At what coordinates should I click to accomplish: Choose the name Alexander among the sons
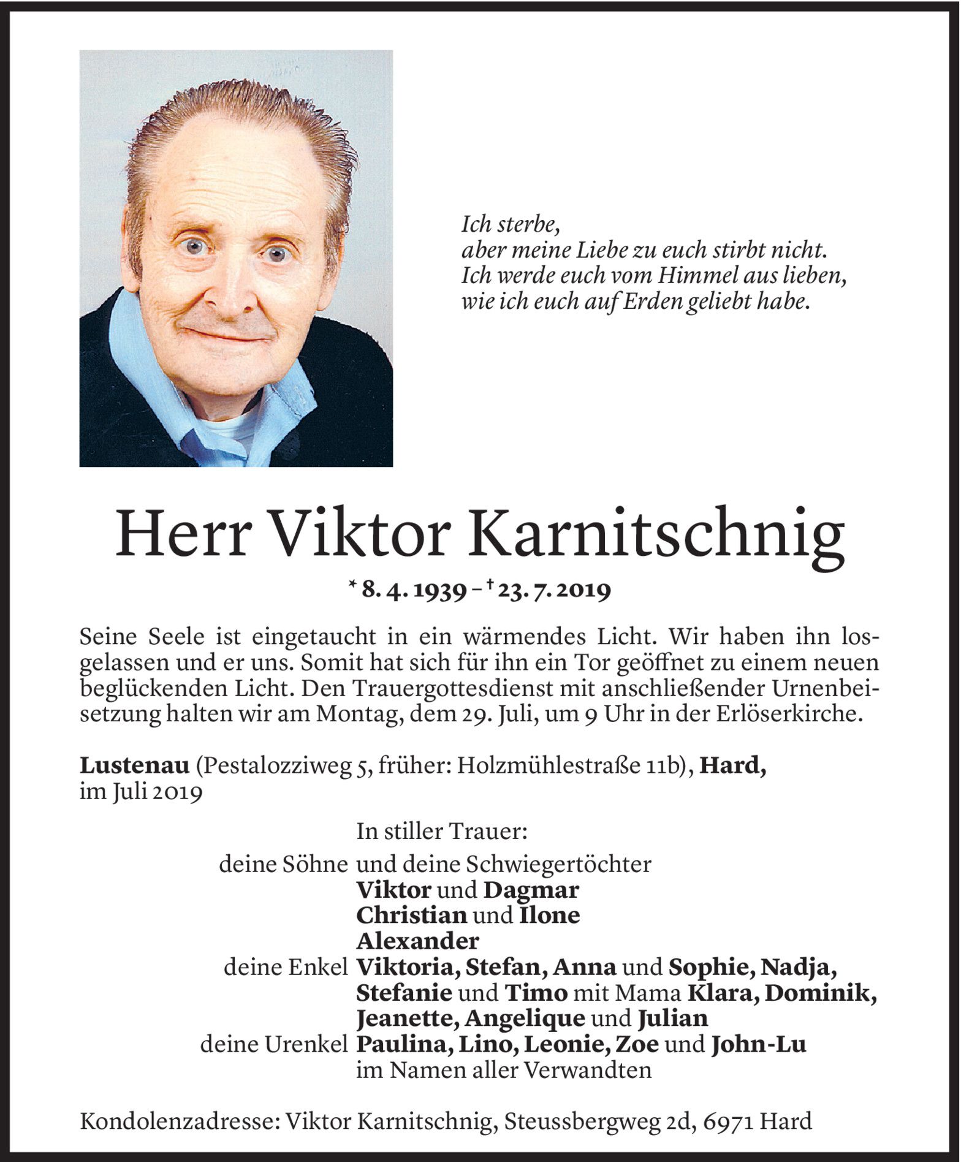417,940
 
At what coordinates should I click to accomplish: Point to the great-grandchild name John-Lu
758,1044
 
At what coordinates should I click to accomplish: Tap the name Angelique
524,1018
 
